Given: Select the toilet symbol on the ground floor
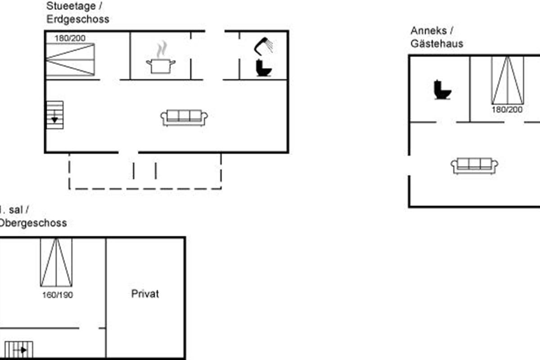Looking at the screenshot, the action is pyautogui.click(x=263, y=68).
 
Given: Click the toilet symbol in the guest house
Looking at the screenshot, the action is pyautogui.click(x=442, y=90).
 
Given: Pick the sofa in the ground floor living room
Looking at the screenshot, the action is pyautogui.click(x=184, y=117).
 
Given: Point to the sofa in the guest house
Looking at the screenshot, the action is pyautogui.click(x=474, y=166).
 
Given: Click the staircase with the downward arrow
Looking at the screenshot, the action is pyautogui.click(x=55, y=115).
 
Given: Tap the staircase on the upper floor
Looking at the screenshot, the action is pyautogui.click(x=19, y=349).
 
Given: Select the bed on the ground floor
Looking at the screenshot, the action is pyautogui.click(x=70, y=59).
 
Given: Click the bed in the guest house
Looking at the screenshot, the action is pyautogui.click(x=508, y=80).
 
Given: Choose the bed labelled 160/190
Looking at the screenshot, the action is pyautogui.click(x=56, y=262).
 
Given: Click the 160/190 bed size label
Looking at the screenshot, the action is pyautogui.click(x=58, y=295).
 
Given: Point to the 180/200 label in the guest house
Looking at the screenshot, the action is pyautogui.click(x=507, y=110).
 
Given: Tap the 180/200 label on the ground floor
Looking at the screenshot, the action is pyautogui.click(x=70, y=38).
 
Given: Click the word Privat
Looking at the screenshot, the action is pyautogui.click(x=145, y=294).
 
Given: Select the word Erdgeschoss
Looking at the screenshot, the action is pyautogui.click(x=77, y=19).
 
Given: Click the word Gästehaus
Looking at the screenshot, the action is pyautogui.click(x=437, y=44).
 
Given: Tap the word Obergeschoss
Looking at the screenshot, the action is pyautogui.click(x=33, y=223).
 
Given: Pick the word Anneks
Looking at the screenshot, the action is pyautogui.click(x=428, y=31).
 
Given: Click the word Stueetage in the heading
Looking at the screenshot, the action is pyautogui.click(x=71, y=6).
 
